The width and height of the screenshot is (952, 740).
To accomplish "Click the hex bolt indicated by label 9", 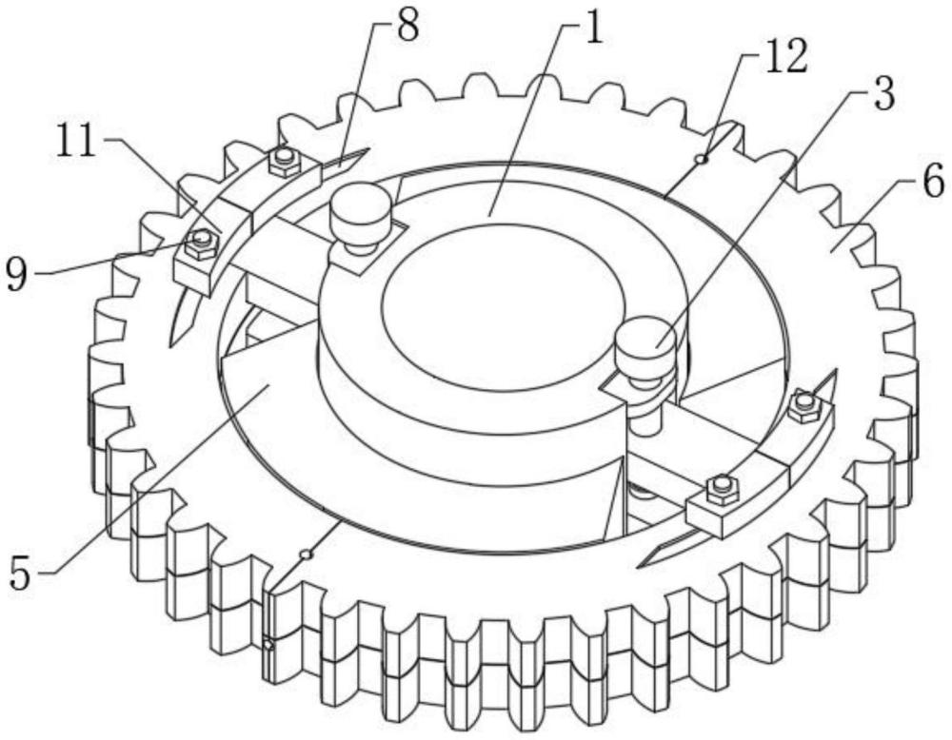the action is tap(201, 243).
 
